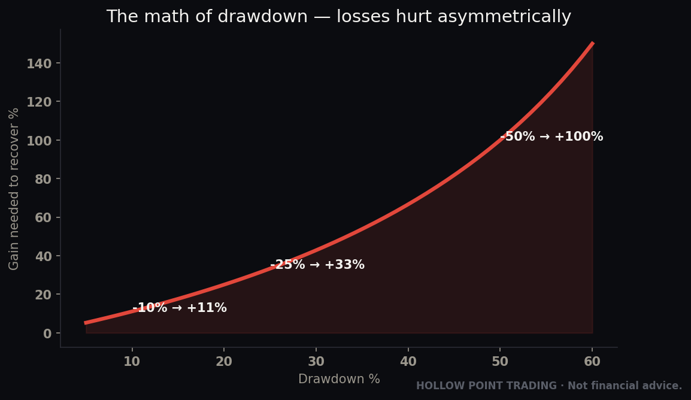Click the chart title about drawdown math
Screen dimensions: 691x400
[x=339, y=17]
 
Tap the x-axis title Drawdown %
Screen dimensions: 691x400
[x=339, y=379]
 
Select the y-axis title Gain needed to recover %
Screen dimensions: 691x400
[x=14, y=189]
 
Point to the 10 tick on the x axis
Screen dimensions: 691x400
[x=132, y=362]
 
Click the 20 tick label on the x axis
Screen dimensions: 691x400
[x=224, y=362]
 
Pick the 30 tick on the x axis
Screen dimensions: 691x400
[x=316, y=362]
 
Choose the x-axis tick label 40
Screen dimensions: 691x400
[x=408, y=362]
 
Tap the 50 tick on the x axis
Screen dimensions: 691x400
[x=500, y=362]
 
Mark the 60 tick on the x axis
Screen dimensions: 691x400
[x=592, y=362]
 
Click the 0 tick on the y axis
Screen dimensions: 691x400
[x=47, y=334]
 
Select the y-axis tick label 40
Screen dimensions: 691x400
[x=43, y=256]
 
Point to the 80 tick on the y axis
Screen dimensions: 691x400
[x=43, y=179]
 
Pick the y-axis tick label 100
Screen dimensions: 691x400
[x=40, y=141]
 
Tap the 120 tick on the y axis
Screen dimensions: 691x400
[x=40, y=102]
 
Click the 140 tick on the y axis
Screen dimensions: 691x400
[x=40, y=64]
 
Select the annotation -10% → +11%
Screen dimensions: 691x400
[x=180, y=308]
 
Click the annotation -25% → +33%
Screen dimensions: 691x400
[x=317, y=265]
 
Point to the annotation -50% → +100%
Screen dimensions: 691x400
[x=551, y=137]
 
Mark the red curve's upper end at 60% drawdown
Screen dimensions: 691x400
[x=593, y=43]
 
